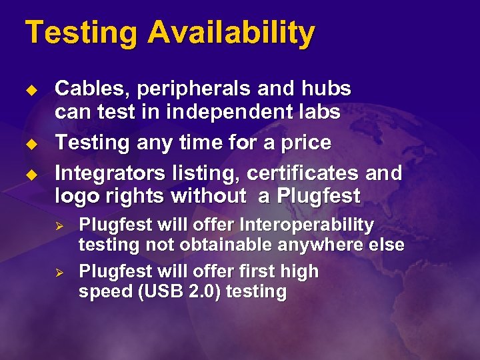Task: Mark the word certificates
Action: click(x=303, y=173)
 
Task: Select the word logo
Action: click(x=77, y=197)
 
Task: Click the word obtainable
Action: click(x=219, y=245)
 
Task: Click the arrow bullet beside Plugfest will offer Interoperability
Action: click(x=58, y=225)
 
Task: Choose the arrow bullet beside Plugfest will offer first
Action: click(x=58, y=272)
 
